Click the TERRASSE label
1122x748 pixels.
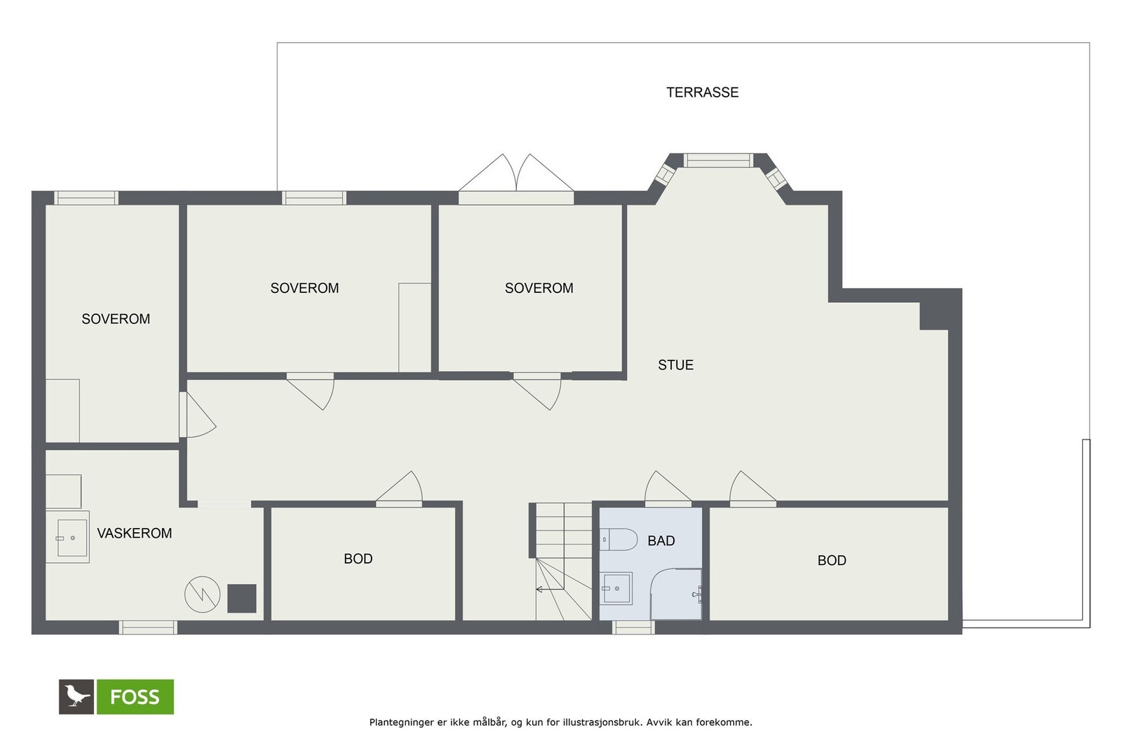pos(702,93)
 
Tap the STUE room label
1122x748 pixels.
pos(676,365)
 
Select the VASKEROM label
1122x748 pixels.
pos(134,533)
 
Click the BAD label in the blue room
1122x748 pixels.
pos(661,540)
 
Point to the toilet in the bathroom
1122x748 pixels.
pos(618,539)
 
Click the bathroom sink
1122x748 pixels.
pos(616,588)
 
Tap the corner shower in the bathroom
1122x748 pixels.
pos(676,594)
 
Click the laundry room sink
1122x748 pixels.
pos(68,537)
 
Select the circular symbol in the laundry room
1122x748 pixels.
pos(203,594)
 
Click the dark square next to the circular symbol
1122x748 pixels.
pos(242,598)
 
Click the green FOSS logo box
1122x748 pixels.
pos(135,696)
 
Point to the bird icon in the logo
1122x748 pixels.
pos(76,696)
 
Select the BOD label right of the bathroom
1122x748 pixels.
pos(832,560)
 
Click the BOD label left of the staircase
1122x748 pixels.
pos(358,559)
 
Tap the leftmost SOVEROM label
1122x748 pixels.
pos(116,319)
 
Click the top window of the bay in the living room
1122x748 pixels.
pos(718,161)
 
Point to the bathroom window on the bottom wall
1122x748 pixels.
pos(633,627)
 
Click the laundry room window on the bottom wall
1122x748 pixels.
pos(148,627)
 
